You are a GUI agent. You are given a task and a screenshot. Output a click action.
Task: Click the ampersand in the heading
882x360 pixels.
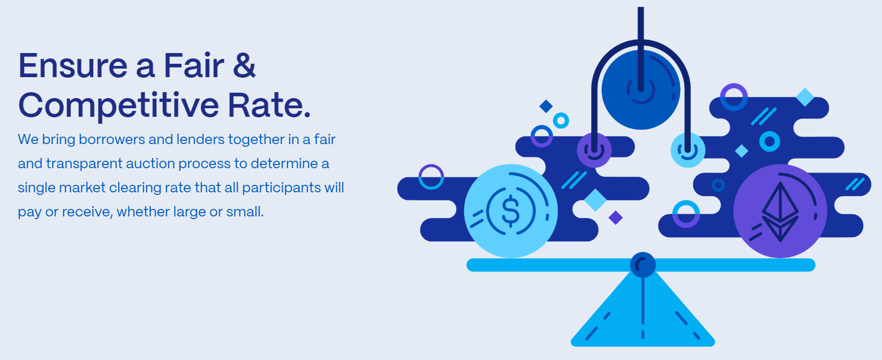(x=244, y=65)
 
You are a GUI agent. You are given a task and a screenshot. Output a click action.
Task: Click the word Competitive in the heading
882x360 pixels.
(x=118, y=106)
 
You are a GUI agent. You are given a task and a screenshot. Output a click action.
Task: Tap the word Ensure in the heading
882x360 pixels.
(x=73, y=66)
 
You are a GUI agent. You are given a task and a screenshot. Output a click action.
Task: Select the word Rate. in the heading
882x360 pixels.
(x=269, y=106)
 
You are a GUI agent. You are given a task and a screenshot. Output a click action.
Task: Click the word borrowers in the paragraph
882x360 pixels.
(x=112, y=139)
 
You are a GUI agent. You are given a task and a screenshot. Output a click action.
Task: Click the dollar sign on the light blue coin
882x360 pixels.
(x=511, y=211)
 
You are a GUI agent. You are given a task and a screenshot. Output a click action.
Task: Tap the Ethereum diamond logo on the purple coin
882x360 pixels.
(x=780, y=212)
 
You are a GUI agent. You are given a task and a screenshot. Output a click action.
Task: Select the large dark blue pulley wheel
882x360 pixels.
(x=640, y=90)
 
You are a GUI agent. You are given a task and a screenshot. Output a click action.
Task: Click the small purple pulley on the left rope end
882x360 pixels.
(x=594, y=150)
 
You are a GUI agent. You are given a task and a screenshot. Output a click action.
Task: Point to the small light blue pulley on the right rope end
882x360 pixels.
(x=688, y=150)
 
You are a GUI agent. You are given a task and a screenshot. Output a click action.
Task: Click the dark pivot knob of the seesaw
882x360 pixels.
(x=643, y=265)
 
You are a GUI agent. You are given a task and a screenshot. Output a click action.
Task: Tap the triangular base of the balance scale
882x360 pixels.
(x=643, y=315)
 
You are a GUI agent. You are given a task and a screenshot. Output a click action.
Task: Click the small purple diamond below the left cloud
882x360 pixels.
(x=615, y=217)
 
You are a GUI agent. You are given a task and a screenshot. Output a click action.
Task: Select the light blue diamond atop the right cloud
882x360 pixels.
(x=805, y=97)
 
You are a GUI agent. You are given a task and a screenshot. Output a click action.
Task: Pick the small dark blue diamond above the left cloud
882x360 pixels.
(x=546, y=106)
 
